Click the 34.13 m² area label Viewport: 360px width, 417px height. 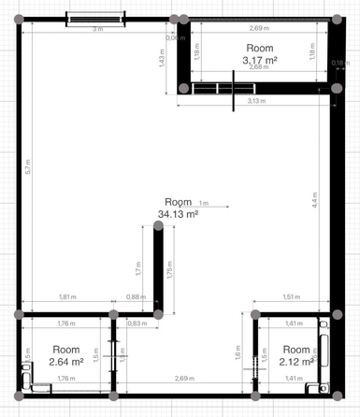click(x=178, y=214)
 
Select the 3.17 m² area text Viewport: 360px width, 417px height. click(x=260, y=61)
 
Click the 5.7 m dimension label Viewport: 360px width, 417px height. click(x=29, y=169)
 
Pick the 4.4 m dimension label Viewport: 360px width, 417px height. click(x=314, y=199)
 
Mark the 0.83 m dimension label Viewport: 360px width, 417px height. click(x=135, y=324)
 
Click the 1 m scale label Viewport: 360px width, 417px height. click(x=204, y=202)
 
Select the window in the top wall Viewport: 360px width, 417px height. click(x=94, y=19)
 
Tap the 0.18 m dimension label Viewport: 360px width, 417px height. click(x=340, y=63)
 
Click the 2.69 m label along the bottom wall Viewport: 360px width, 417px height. click(x=184, y=378)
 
